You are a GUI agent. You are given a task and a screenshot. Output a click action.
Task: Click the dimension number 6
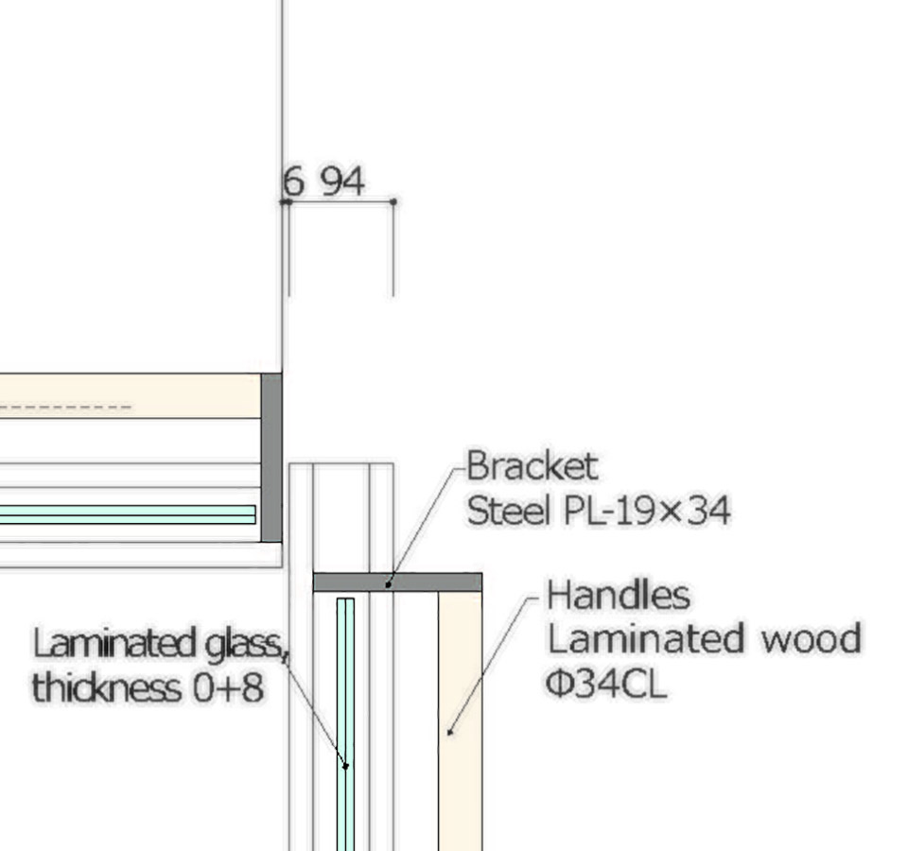click(x=293, y=181)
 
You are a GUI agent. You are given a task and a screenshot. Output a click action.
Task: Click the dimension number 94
click(x=343, y=181)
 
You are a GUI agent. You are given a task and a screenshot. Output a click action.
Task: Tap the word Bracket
click(x=533, y=466)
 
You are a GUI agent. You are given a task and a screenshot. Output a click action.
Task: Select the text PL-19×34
click(x=646, y=511)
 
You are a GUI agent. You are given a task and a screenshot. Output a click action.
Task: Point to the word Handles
click(x=619, y=595)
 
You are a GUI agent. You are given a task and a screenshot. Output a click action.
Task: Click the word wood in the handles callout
click(x=811, y=638)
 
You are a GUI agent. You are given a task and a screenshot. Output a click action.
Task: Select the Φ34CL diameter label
click(x=606, y=684)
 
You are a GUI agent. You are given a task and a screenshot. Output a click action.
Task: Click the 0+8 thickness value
click(x=229, y=687)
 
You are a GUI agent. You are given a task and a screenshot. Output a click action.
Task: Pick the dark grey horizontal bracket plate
click(x=397, y=582)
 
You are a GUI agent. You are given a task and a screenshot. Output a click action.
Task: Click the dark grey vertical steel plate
click(x=271, y=458)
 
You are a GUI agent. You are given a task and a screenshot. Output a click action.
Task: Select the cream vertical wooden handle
click(x=460, y=721)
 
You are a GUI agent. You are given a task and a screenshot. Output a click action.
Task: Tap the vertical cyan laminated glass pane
click(x=345, y=724)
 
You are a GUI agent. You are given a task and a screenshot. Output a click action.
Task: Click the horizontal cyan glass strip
click(x=128, y=514)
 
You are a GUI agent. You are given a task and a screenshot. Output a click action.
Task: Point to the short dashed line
click(x=65, y=407)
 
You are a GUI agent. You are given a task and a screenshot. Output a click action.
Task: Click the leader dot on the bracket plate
click(x=389, y=584)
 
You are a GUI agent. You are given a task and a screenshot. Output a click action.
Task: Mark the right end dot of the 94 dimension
click(x=393, y=201)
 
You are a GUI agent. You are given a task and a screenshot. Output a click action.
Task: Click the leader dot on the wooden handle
click(x=450, y=733)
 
